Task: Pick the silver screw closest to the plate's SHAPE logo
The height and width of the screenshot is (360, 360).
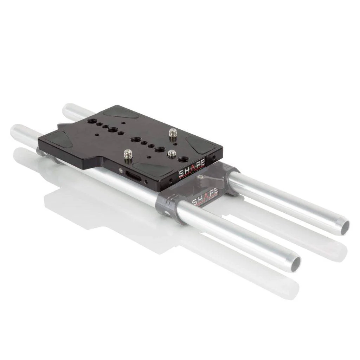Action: coord(172,154)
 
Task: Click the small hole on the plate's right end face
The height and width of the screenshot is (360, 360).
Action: coord(214,157)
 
